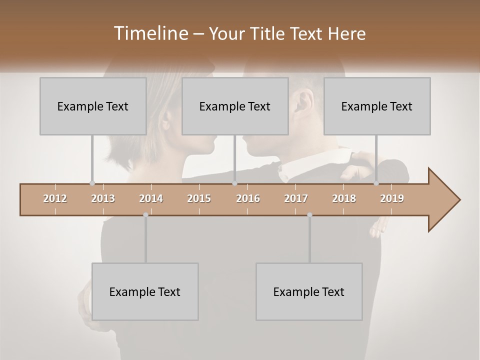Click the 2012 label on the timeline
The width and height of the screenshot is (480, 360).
tap(55, 198)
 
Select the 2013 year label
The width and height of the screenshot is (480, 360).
tap(103, 198)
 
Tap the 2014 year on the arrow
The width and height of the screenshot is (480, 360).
tap(151, 198)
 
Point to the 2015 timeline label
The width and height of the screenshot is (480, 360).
tap(199, 198)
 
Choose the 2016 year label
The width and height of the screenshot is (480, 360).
tap(247, 198)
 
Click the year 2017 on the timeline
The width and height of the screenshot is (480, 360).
tap(296, 198)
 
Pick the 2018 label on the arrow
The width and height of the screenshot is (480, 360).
tap(344, 198)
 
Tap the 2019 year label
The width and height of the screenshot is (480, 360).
tap(392, 198)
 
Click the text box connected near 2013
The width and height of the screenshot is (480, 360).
tap(93, 106)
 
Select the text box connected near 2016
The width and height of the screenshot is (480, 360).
tap(235, 106)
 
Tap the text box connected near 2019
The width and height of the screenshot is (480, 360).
tap(377, 106)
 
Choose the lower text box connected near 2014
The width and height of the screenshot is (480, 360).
tap(145, 291)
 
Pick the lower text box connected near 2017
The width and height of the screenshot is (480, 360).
tap(309, 291)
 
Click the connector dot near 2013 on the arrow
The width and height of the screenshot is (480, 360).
tap(92, 183)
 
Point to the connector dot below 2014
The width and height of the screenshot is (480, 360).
tap(145, 215)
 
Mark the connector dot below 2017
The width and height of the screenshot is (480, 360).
tap(309, 215)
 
